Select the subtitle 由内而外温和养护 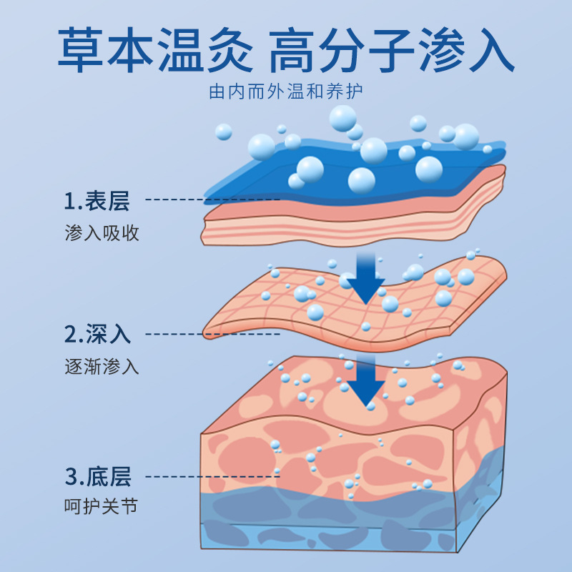coord(286,94)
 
